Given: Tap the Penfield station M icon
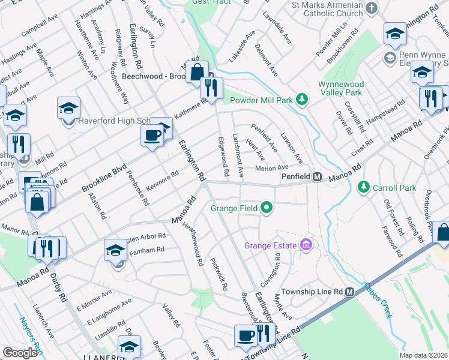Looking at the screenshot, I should (x=317, y=178).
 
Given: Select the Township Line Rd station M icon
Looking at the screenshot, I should (x=349, y=292).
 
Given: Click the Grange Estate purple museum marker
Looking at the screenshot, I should (x=307, y=245).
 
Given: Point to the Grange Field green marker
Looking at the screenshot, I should (x=267, y=209).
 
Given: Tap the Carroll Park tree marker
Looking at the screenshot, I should (x=363, y=188).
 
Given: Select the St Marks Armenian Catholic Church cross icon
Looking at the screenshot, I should (x=372, y=8).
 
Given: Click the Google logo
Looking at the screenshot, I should (x=20, y=353).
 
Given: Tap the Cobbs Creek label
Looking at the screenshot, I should (x=376, y=289).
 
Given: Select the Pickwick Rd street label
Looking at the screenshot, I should (x=218, y=274).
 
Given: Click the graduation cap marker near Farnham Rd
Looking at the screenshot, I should (x=116, y=251).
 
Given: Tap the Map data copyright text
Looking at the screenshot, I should (x=423, y=355).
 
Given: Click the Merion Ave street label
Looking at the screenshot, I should (x=272, y=168).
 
